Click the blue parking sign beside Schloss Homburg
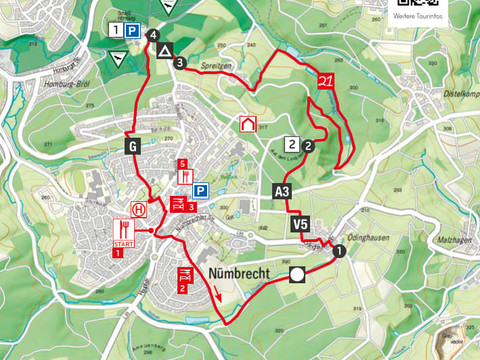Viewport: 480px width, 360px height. [133, 31]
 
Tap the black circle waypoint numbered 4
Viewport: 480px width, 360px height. [153, 36]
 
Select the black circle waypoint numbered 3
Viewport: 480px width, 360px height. [179, 63]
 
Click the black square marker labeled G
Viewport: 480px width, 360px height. [131, 144]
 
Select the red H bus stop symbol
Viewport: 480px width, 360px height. [140, 210]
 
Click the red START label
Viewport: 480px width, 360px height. [124, 244]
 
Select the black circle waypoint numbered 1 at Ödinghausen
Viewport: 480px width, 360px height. [340, 252]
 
